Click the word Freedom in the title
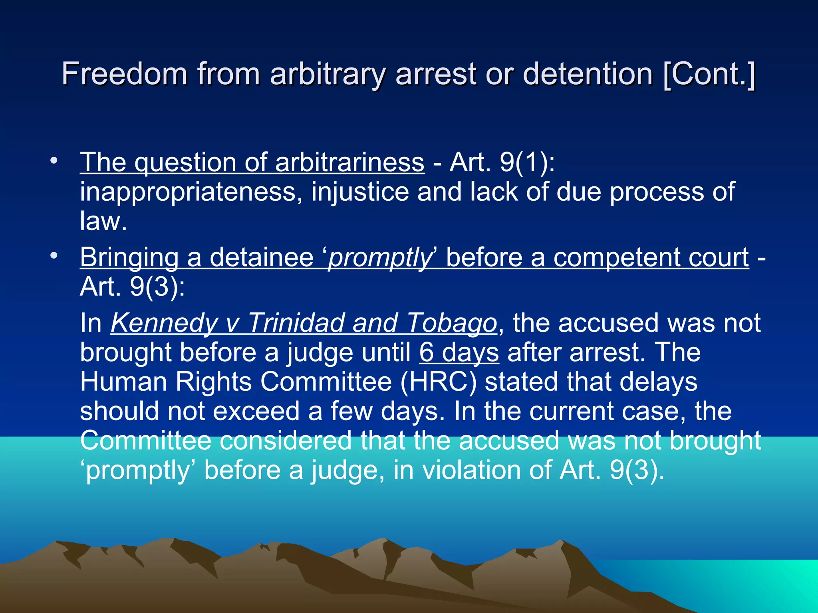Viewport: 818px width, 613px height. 124,74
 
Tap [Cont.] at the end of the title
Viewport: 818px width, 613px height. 709,74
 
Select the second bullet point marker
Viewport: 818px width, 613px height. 54,255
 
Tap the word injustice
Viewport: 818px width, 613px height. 360,192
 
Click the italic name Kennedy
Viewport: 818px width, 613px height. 164,323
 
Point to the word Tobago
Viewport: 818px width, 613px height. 451,323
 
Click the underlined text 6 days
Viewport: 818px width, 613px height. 459,352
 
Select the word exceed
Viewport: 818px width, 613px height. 256,411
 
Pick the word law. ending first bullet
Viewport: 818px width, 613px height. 103,221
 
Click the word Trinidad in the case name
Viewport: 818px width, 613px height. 296,323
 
